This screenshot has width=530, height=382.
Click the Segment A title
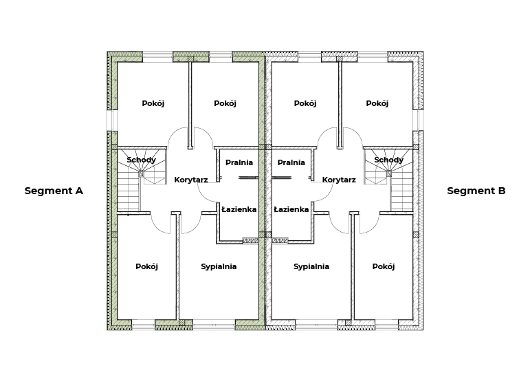click(x=54, y=191)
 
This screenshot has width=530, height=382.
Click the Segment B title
click(x=476, y=191)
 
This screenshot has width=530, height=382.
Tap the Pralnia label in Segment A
click(x=239, y=162)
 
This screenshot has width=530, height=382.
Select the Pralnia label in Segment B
click(x=291, y=162)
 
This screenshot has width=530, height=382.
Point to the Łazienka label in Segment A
click(x=239, y=209)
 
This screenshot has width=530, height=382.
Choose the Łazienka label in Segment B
click(x=291, y=209)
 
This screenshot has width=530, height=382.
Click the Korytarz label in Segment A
click(x=191, y=180)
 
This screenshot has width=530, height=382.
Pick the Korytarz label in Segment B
click(x=339, y=180)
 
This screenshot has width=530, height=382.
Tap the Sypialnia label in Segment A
click(x=219, y=266)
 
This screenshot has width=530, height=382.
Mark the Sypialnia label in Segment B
click(x=311, y=266)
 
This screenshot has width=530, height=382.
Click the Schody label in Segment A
click(x=142, y=160)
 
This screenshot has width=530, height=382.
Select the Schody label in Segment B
click(x=388, y=160)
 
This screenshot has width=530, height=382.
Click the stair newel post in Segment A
click(x=142, y=173)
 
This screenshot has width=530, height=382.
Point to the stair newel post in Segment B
click(x=389, y=173)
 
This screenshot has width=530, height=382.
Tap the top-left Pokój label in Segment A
click(x=153, y=103)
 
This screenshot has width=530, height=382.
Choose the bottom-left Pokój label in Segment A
click(x=146, y=266)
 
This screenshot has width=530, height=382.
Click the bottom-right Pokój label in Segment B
click(x=384, y=266)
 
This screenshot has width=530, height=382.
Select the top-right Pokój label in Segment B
click(x=377, y=103)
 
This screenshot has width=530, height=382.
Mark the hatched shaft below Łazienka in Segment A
click(x=250, y=241)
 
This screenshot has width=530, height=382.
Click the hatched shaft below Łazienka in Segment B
click(x=280, y=241)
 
